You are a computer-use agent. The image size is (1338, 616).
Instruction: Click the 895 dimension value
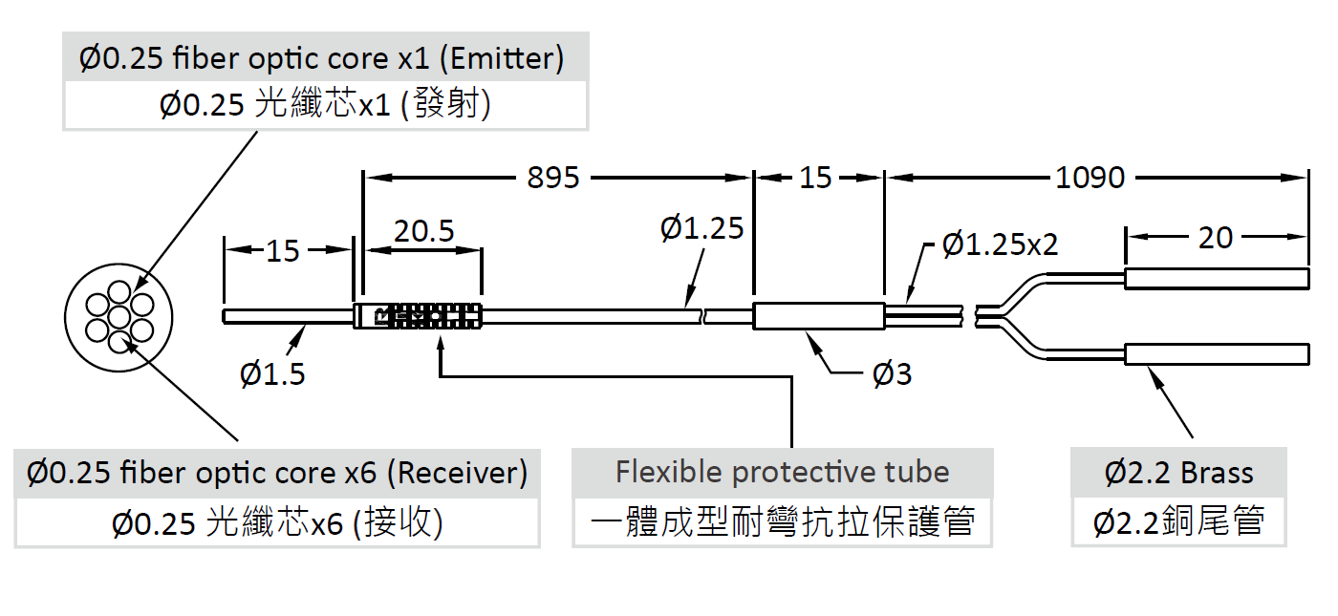[553, 178]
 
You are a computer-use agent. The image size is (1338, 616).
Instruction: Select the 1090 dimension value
[1090, 178]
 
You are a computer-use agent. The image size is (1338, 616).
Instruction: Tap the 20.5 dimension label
[424, 231]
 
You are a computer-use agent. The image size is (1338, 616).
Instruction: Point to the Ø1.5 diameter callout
[273, 373]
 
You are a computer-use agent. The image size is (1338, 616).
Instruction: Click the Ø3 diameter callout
[892, 374]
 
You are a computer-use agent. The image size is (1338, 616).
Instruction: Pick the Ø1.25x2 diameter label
[1000, 244]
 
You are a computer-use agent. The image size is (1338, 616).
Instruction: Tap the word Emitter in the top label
[501, 59]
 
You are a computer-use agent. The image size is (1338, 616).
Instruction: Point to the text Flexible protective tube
[782, 472]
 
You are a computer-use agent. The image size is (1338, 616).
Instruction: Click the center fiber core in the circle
[119, 315]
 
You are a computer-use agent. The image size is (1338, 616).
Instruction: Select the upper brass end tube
[1216, 279]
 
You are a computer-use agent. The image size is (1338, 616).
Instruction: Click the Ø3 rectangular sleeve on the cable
[818, 316]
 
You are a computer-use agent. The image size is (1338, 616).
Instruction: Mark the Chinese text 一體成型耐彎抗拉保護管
[782, 522]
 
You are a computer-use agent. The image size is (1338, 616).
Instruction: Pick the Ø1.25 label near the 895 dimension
[701, 228]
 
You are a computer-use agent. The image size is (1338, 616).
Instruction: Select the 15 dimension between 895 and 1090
[815, 178]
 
